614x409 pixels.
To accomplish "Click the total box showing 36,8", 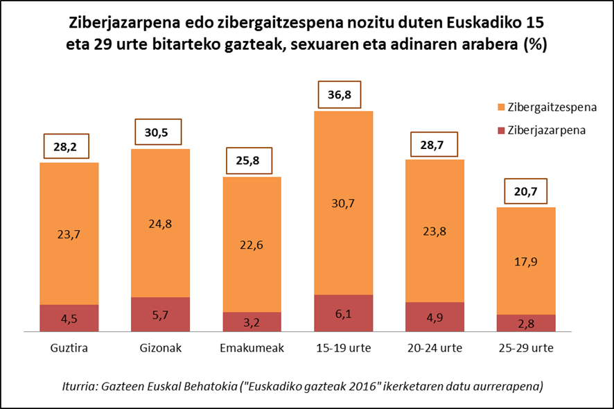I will pyautogui.click(x=344, y=95).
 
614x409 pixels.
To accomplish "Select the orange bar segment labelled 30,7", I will pyautogui.click(x=344, y=202).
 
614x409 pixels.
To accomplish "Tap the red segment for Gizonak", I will pyautogui.click(x=161, y=315).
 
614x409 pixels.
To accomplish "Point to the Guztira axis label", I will pyautogui.click(x=69, y=347).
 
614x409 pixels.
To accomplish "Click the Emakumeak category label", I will pyautogui.click(x=252, y=347).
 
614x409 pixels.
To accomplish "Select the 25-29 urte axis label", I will pyautogui.click(x=527, y=347).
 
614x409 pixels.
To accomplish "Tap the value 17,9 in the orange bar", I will pyautogui.click(x=527, y=261).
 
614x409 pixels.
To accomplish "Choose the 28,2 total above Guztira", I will pyautogui.click(x=69, y=146).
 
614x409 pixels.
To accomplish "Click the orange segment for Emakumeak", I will pyautogui.click(x=252, y=244).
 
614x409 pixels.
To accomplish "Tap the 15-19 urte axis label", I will pyautogui.click(x=344, y=347).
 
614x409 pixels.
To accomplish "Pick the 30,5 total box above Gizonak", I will pyautogui.click(x=161, y=132).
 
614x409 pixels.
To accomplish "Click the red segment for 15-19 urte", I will pyautogui.click(x=344, y=313).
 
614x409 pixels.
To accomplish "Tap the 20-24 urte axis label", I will pyautogui.click(x=435, y=347).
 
